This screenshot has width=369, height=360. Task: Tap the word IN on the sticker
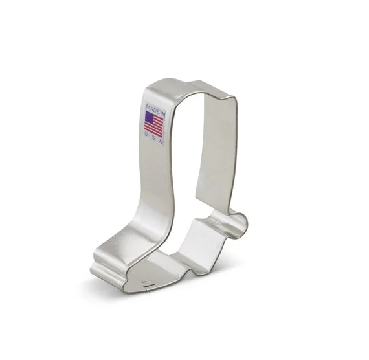[163, 113]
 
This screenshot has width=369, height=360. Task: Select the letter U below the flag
[146, 134]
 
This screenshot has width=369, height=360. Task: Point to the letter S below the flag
[153, 137]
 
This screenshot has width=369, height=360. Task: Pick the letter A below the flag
[161, 141]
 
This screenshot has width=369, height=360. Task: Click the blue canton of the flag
[149, 117]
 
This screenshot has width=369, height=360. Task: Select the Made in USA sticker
[154, 124]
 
